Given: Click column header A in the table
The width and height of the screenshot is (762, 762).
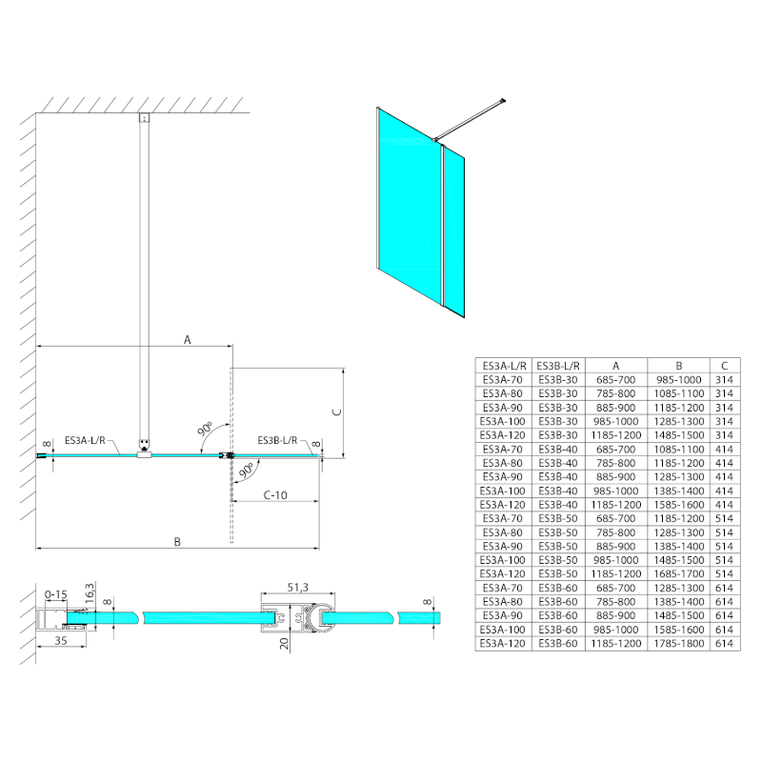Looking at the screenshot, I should (x=615, y=365).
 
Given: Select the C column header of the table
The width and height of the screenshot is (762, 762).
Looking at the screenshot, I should (x=726, y=365).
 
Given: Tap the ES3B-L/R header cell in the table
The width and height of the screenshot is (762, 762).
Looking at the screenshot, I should (x=557, y=365).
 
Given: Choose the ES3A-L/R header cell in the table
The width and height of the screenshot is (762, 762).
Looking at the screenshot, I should (x=503, y=365).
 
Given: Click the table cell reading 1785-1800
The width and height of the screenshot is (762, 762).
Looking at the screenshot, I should (x=678, y=645).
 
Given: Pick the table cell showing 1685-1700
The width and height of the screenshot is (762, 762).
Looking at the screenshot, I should (x=678, y=574).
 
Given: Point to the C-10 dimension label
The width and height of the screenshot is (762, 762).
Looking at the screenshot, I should (x=275, y=495).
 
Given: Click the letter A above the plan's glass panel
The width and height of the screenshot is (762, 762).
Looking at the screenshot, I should (x=188, y=339).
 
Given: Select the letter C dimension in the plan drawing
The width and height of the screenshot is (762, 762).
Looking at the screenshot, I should (x=334, y=411).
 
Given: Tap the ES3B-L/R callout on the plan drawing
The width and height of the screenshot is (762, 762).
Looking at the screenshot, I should (x=278, y=440).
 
